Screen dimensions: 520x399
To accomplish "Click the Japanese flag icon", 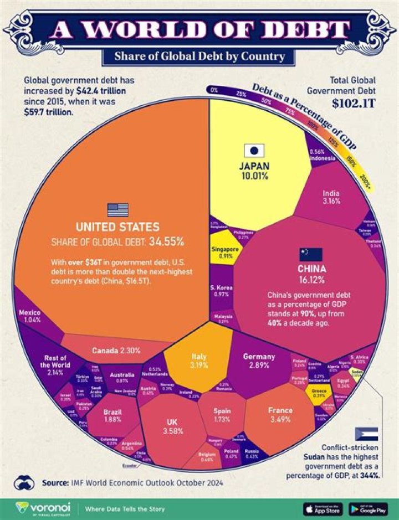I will point(254,150).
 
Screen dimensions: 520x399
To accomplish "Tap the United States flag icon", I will point(117,209).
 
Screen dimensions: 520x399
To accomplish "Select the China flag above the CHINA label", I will point(311,254).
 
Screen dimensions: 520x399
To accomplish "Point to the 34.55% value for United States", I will point(170,241).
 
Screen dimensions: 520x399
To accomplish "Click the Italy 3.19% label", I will point(199,361).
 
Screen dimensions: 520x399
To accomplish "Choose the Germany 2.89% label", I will point(259,361).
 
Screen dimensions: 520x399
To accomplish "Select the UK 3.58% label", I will point(172,427).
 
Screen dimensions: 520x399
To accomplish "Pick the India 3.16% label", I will point(331,198).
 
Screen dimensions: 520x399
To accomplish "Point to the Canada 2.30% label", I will point(116,351).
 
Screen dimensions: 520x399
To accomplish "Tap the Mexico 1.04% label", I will point(29,316).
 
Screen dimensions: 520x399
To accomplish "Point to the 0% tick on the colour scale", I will point(214,89).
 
